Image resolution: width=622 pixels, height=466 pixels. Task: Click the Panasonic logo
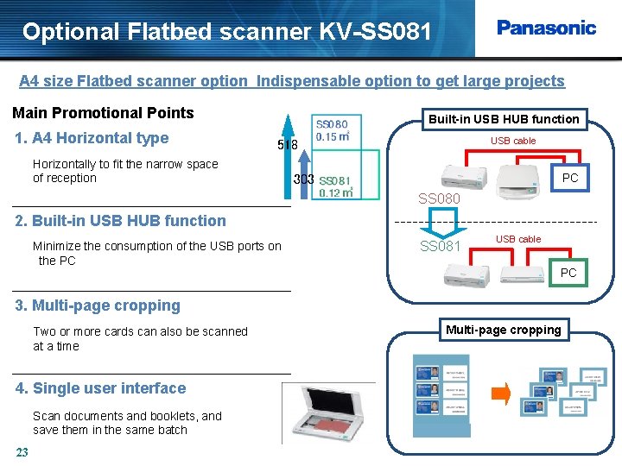[x=546, y=28]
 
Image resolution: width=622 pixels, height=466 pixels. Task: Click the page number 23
[x=22, y=452]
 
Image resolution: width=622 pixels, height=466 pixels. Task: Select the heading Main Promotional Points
[x=103, y=113]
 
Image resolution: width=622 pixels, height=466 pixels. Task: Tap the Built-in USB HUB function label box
[x=504, y=119]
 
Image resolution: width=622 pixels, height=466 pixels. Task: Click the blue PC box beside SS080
[x=570, y=178]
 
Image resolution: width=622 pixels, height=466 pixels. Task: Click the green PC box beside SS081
[x=568, y=273]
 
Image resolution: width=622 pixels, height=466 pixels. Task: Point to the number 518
[x=287, y=146]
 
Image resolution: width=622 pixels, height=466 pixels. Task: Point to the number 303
[x=303, y=179]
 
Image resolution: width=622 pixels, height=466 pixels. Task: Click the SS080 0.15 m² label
[x=332, y=130]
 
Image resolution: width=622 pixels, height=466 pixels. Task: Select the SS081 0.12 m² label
[x=335, y=186]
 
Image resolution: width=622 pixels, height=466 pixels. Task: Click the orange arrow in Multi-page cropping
[x=500, y=395]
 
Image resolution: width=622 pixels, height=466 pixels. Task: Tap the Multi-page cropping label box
[x=503, y=330]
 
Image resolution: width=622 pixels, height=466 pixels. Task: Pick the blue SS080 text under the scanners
[x=440, y=199]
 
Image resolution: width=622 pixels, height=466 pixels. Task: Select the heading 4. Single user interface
[x=101, y=388]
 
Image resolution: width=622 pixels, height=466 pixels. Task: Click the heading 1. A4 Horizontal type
[x=92, y=138]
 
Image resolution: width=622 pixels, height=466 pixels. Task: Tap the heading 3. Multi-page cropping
[x=98, y=305]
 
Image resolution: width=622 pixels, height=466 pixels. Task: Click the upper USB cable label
[x=513, y=141]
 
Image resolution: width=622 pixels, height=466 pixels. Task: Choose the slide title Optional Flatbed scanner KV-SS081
[x=226, y=32]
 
